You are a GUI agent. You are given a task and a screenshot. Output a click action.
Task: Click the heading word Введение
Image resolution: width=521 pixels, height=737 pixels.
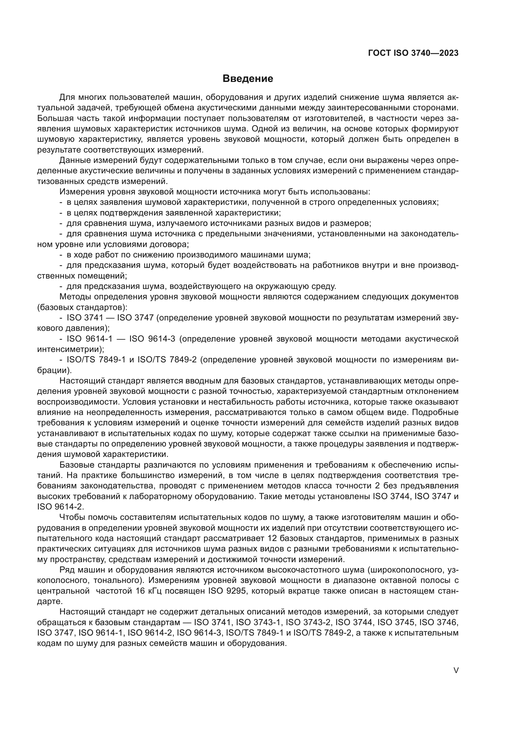[x=248, y=79]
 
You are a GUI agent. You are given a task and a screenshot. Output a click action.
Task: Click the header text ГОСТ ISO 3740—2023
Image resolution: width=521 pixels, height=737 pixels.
[x=413, y=53]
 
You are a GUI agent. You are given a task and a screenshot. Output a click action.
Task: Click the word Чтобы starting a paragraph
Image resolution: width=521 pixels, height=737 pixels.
[x=72, y=517]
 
